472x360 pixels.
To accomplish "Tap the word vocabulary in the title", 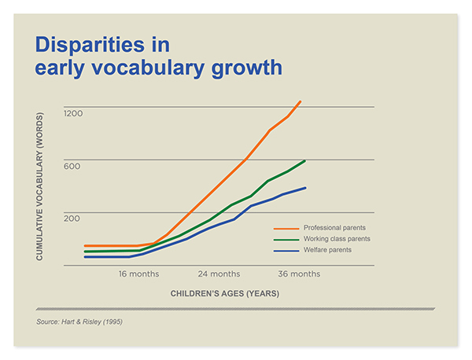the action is tap(148, 68).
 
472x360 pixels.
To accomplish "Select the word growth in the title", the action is tap(247, 68).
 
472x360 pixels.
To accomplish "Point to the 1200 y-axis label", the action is tap(73, 113).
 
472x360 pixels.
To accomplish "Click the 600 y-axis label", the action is tap(72, 167).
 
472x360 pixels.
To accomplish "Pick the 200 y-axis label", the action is tap(72, 219).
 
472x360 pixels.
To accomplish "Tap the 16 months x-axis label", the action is tap(138, 274).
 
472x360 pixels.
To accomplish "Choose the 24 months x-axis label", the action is tap(219, 274).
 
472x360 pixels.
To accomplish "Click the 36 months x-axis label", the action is tap(299, 274).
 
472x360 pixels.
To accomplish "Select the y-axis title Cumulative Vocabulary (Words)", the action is tap(40, 186).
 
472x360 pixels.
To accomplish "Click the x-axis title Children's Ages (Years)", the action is tap(225, 293).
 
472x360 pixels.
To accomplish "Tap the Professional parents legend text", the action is tap(334, 228).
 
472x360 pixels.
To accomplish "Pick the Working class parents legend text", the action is tap(337, 239).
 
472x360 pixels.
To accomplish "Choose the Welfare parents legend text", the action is tap(327, 250).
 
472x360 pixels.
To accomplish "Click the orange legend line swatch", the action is tap(286, 229).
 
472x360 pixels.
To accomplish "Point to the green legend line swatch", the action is tap(286, 240).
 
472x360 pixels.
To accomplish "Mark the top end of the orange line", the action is tap(301, 101).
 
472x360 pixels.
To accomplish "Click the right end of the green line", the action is tap(304, 161).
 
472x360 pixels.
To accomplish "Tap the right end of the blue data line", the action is tap(305, 188).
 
